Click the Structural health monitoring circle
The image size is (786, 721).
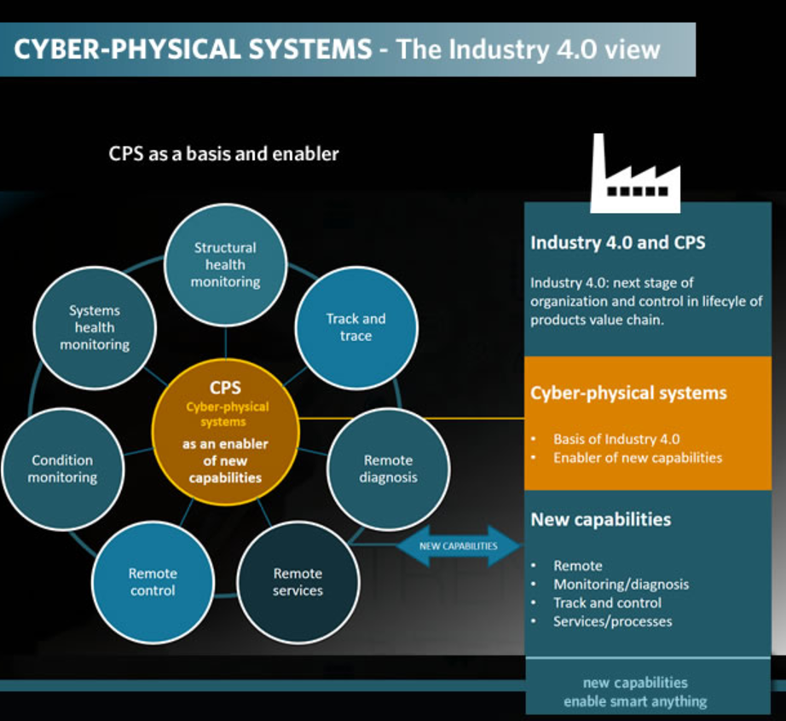(x=224, y=264)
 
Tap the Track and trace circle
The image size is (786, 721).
(x=355, y=327)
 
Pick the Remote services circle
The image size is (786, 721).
(x=298, y=582)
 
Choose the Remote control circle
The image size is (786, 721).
(x=153, y=582)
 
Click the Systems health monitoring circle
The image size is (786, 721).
(x=95, y=328)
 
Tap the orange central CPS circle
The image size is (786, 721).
(x=225, y=434)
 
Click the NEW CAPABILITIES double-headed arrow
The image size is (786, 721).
(x=459, y=546)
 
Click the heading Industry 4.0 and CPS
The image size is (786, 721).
(x=618, y=242)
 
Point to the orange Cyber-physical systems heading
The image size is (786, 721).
(x=628, y=393)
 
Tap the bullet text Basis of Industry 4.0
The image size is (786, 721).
(x=616, y=440)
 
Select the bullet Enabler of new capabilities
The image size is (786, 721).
(x=637, y=458)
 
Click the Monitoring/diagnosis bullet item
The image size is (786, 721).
(x=621, y=584)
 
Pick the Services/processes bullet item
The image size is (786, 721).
(x=612, y=621)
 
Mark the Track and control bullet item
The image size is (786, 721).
(x=607, y=603)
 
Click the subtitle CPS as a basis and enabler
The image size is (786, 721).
(x=223, y=154)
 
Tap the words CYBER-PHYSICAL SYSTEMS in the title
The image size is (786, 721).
(x=194, y=49)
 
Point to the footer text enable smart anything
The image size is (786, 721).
(x=635, y=701)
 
